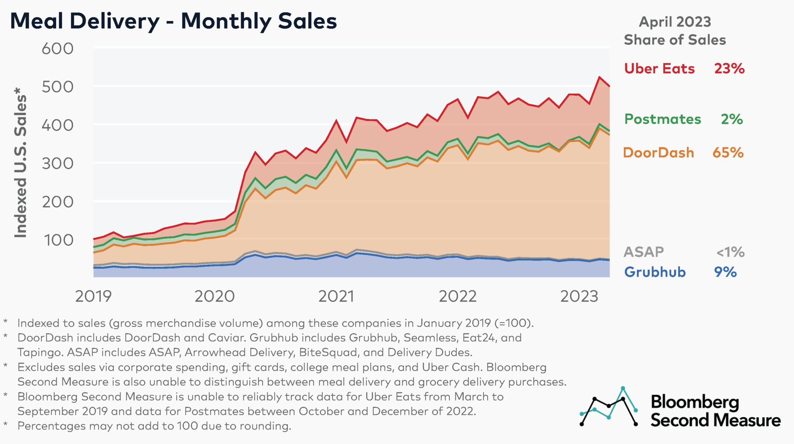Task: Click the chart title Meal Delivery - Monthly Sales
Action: [x=173, y=21]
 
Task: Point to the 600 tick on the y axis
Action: [x=57, y=49]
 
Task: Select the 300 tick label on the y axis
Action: [x=57, y=164]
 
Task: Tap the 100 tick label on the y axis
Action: [x=58, y=240]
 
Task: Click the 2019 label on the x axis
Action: [x=93, y=297]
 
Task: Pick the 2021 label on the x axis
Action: [x=336, y=297]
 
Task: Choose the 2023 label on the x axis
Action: [x=579, y=297]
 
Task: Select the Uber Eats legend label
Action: [x=659, y=69]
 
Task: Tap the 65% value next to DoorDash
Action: [x=728, y=153]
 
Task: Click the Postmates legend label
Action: [x=663, y=119]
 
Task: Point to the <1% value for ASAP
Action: [x=730, y=252]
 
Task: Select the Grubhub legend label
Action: [x=655, y=272]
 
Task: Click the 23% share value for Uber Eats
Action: [x=729, y=69]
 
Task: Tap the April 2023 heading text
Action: [x=675, y=22]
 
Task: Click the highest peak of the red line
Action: [x=599, y=77]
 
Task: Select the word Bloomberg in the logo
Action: [x=695, y=403]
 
